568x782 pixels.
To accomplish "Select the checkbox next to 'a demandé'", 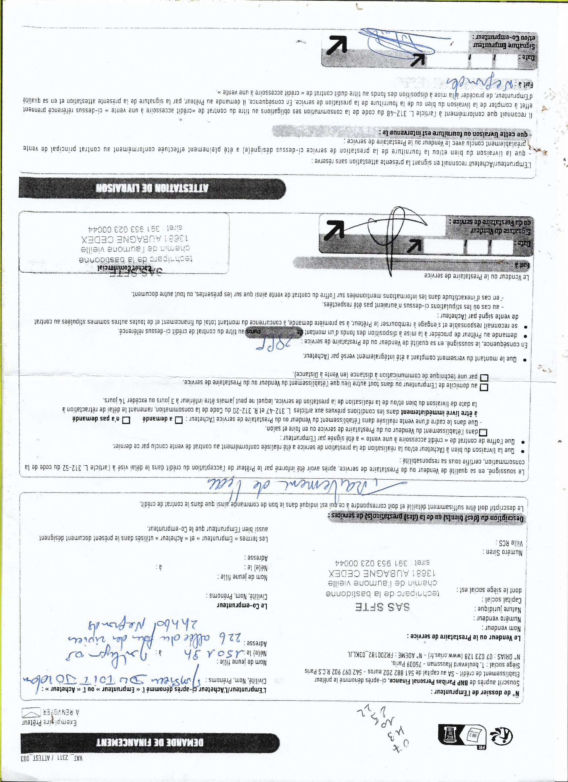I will tap(179, 420).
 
